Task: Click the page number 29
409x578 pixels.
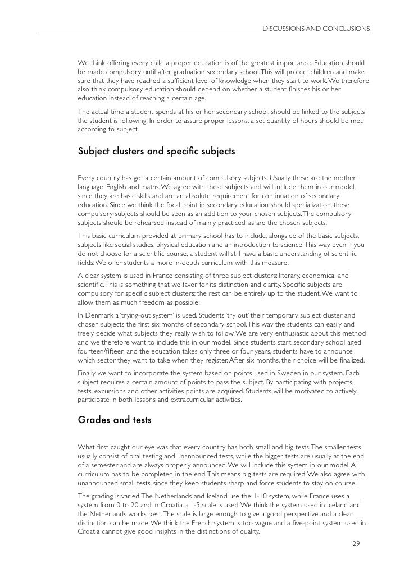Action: coord(355,543)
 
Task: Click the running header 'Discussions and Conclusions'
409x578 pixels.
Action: coord(316,27)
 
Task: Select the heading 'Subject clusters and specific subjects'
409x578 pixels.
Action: coord(156,151)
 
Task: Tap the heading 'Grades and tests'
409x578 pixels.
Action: coord(114,418)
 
